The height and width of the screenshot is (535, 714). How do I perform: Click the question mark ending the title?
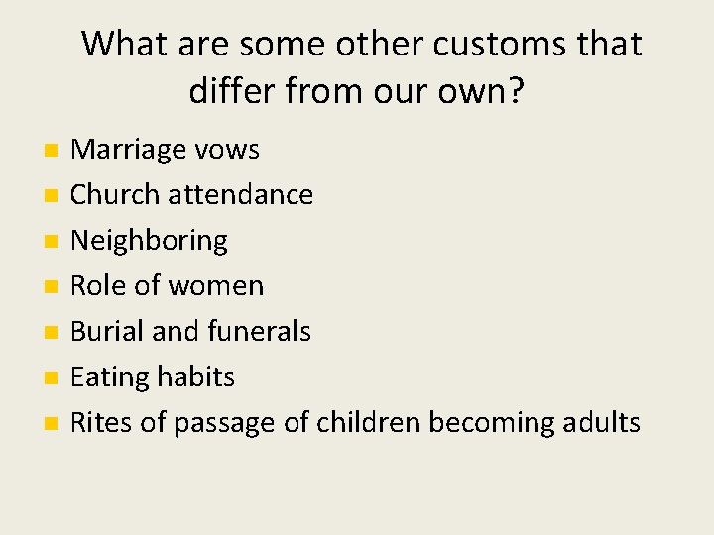(515, 91)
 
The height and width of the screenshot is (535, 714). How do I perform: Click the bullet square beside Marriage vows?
(51, 151)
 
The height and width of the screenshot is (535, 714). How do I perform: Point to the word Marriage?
(128, 150)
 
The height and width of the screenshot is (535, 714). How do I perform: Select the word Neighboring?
(149, 241)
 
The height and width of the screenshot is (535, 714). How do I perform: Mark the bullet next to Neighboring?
(51, 242)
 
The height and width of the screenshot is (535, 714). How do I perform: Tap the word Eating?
(110, 377)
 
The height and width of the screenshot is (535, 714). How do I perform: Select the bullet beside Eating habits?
(51, 378)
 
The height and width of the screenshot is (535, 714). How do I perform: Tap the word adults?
(602, 423)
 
